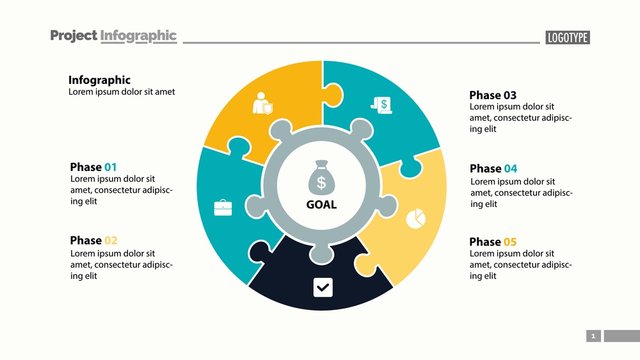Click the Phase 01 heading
[x=93, y=167]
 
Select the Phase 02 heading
[x=93, y=241]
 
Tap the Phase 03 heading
[x=493, y=96]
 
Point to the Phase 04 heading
[x=493, y=169]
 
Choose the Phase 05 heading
[x=493, y=242]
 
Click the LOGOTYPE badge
[x=567, y=38]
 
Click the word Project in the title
[x=73, y=36]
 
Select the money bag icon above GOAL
[x=321, y=178]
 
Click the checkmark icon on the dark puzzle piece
[x=322, y=288]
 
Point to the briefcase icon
[x=223, y=208]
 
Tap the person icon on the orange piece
[x=263, y=103]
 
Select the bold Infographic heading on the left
[x=99, y=80]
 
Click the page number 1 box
[x=593, y=336]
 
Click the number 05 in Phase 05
[x=510, y=242]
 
